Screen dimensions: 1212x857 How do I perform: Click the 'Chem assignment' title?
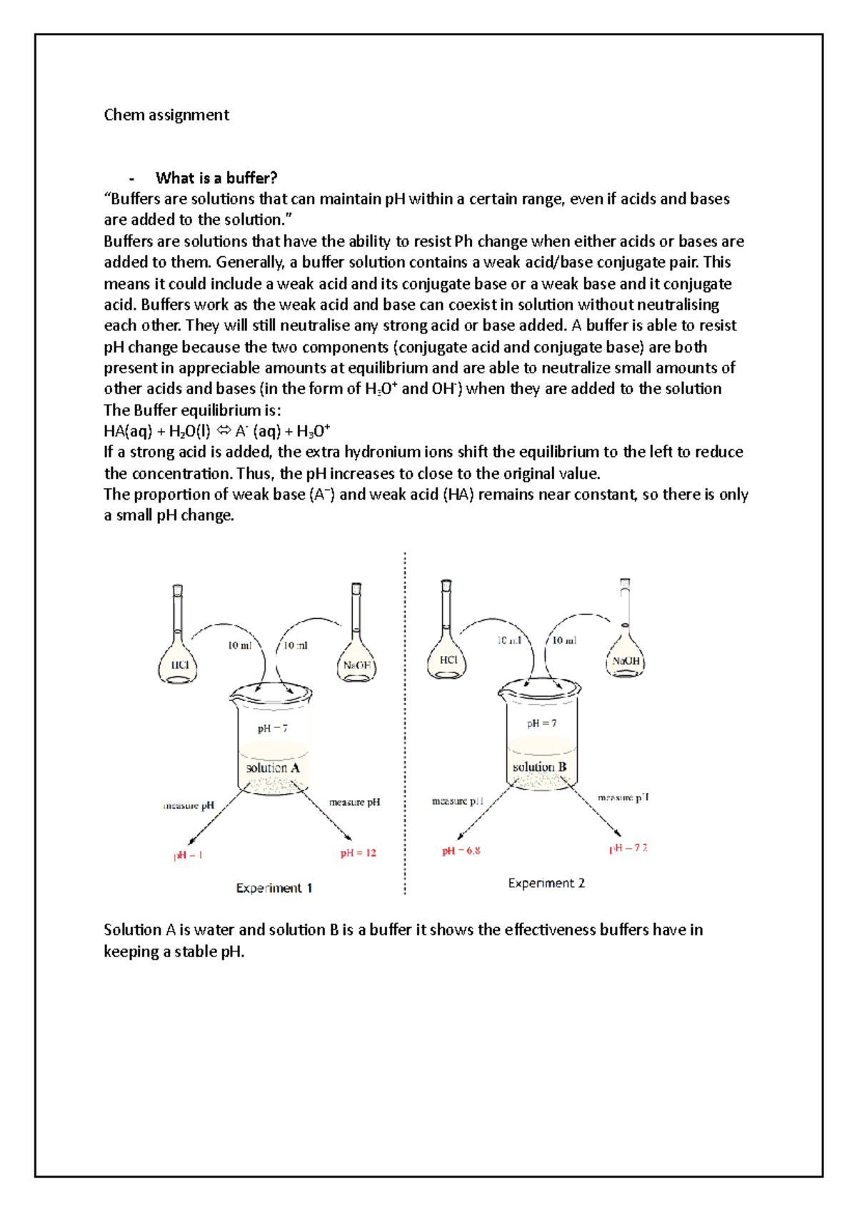166,115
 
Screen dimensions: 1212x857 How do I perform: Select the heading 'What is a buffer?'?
216,178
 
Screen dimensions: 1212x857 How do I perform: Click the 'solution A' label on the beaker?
273,768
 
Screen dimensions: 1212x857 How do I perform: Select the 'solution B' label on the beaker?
540,767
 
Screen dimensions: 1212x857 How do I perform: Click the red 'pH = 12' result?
358,853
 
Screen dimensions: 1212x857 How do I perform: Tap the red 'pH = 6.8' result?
461,851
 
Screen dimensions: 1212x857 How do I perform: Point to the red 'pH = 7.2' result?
628,848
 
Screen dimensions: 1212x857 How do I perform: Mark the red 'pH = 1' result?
188,855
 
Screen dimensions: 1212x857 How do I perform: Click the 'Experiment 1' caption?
274,888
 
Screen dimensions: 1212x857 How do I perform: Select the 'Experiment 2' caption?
546,883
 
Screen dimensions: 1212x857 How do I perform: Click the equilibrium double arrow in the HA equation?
223,431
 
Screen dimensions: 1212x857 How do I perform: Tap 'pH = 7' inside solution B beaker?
541,723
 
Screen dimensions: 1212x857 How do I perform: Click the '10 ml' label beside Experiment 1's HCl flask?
239,645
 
